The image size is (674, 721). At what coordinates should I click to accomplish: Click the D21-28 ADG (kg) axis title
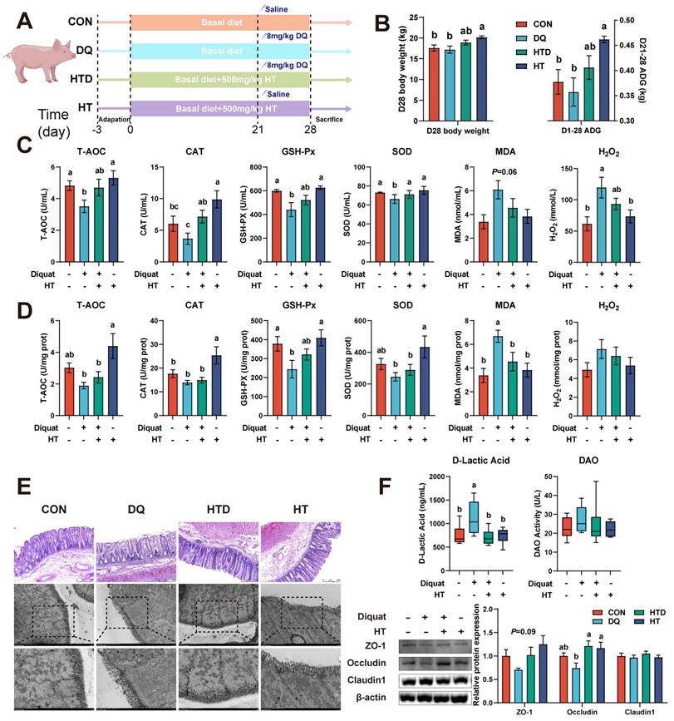point(662,71)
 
